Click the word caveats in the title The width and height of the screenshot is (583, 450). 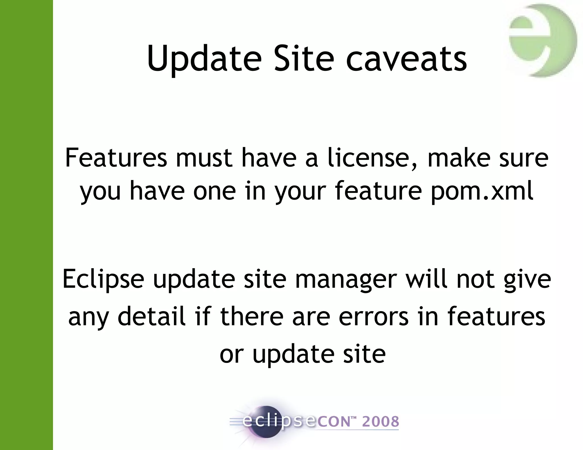[x=406, y=59]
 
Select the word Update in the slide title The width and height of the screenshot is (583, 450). [x=204, y=59]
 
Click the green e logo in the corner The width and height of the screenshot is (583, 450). [x=542, y=41]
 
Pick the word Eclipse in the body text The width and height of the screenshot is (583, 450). [x=103, y=279]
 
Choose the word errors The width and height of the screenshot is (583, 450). [x=373, y=317]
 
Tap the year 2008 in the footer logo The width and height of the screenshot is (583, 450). [x=381, y=422]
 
